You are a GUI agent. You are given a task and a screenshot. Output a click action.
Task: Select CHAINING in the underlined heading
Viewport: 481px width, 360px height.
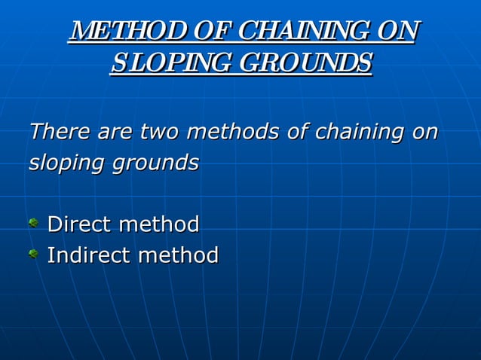[x=308, y=32]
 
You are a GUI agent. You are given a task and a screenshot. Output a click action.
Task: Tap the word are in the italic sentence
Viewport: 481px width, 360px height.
[x=114, y=133]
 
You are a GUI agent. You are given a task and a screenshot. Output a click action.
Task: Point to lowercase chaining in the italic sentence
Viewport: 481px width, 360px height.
[x=358, y=133]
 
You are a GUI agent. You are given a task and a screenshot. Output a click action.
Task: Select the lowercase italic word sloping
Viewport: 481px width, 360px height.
[x=66, y=163]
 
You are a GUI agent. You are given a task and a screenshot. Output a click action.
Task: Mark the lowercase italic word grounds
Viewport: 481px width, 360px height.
[x=155, y=163]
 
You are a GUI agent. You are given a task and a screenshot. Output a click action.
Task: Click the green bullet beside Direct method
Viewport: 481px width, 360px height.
[x=33, y=223]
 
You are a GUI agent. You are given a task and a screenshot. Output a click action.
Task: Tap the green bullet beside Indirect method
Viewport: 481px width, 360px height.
[x=33, y=255]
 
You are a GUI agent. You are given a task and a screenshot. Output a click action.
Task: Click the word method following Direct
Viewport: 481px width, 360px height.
[x=159, y=224]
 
